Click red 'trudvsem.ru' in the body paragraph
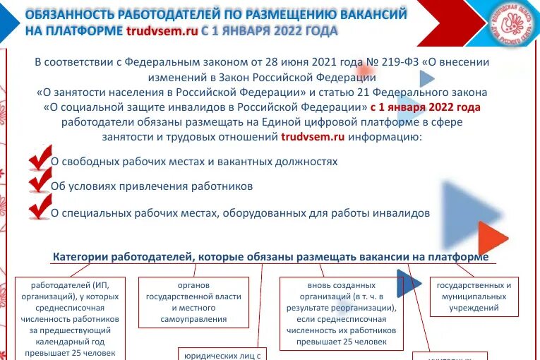[x=313, y=137]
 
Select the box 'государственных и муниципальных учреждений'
[x=474, y=296]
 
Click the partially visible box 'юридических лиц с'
[x=222, y=354]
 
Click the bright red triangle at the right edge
[x=492, y=237]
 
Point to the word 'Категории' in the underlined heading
[x=79, y=257]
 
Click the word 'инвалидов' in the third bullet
[x=405, y=212]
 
